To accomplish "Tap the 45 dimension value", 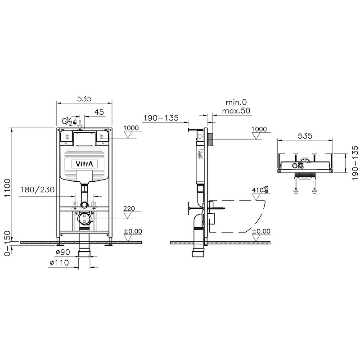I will tap(99, 112).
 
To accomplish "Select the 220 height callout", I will tap(130, 209).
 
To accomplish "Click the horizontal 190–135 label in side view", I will tap(160, 118).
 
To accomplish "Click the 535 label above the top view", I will tap(305, 135).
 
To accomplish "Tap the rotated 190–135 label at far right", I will tap(355, 160).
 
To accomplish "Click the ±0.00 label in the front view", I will tap(133, 231).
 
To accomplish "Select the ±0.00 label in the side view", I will tap(261, 231).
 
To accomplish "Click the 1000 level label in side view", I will tap(259, 129).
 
